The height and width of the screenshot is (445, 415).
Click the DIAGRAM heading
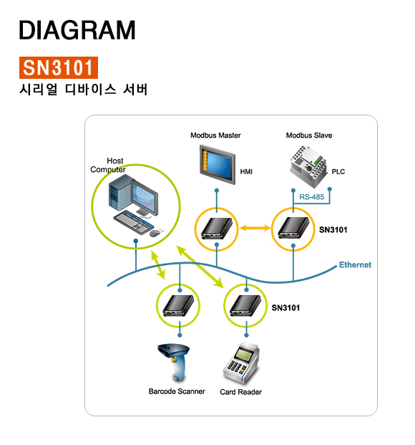coord(77,30)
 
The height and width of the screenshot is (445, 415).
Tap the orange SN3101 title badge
coord(59,67)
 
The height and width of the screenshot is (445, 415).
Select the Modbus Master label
coord(215,135)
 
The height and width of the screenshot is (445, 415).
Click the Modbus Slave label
coord(309,135)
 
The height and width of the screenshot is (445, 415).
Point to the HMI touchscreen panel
coord(218,164)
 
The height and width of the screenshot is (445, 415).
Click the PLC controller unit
coord(308,166)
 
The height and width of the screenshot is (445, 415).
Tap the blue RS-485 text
coord(311,197)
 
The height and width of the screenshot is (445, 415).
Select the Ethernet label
coord(355,265)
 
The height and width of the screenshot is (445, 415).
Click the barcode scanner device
coord(174,363)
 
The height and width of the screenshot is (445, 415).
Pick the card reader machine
coord(242,363)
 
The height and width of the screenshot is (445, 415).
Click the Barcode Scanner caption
coord(177,391)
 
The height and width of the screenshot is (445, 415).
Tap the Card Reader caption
coord(240,392)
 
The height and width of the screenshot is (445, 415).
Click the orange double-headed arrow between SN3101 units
coord(255,228)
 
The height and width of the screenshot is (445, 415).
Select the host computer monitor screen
coord(145,196)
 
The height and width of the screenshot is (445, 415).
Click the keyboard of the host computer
coord(133,222)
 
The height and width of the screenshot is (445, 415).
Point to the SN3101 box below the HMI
coord(217,229)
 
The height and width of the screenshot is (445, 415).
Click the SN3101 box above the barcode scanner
coord(178,306)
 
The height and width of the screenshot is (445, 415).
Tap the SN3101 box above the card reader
coord(245,306)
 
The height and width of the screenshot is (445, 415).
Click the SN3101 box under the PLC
coord(293,228)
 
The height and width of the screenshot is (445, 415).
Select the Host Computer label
coord(108,165)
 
